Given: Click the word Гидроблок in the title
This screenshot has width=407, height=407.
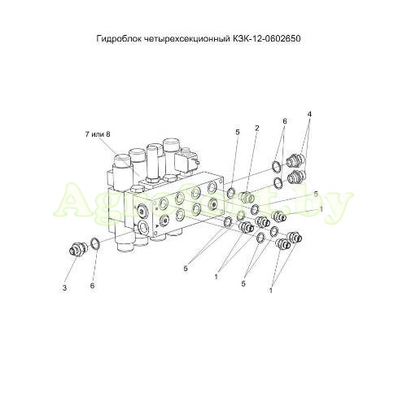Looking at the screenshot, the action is pos(119,39).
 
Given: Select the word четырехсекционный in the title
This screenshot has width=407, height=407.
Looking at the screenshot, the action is pos(186,39).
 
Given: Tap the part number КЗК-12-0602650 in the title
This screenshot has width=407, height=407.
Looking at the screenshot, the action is pos(266,38).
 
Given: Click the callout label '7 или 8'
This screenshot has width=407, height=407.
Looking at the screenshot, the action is pos(98,134).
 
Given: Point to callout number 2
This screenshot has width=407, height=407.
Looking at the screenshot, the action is pos(256,128).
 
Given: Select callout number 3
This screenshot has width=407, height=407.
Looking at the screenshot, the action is pos(64,288).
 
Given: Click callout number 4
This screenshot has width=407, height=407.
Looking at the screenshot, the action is pos(309,114).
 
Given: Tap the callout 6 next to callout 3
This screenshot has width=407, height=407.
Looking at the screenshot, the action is pos(93,286).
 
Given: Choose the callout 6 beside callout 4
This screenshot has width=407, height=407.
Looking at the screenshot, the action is pos(285,121).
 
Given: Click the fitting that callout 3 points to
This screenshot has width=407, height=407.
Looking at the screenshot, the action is pos(77,248).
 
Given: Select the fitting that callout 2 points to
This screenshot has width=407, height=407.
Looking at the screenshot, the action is pos(247,197).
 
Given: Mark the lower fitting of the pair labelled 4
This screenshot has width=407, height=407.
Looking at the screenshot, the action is pos(296,177).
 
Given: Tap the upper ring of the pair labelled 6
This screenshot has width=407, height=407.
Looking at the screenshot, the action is pos(277,167).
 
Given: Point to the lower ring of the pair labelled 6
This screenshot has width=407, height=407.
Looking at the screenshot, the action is pos(278,184).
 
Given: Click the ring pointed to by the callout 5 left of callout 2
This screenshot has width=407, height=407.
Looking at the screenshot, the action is pos(231,193).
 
